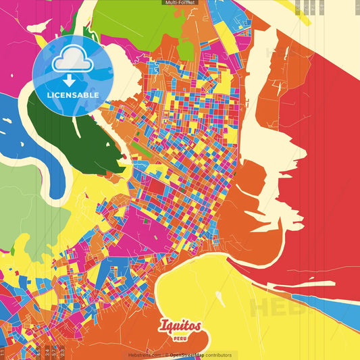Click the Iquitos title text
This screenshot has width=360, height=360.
pos(180,326)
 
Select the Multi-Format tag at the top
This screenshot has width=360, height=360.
pos(180,3)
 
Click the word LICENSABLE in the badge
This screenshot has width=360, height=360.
pos(72,95)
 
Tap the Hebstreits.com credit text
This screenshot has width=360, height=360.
pos(145,355)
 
